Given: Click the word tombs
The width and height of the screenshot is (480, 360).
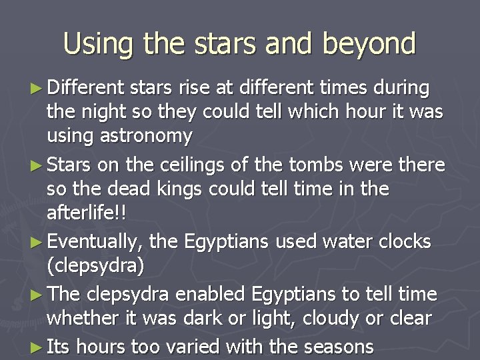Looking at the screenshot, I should pyautogui.click(x=322, y=165).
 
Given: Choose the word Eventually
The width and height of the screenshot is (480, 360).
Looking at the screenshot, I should pyautogui.click(x=97, y=241).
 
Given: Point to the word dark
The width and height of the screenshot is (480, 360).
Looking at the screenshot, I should pyautogui.click(x=201, y=318).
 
